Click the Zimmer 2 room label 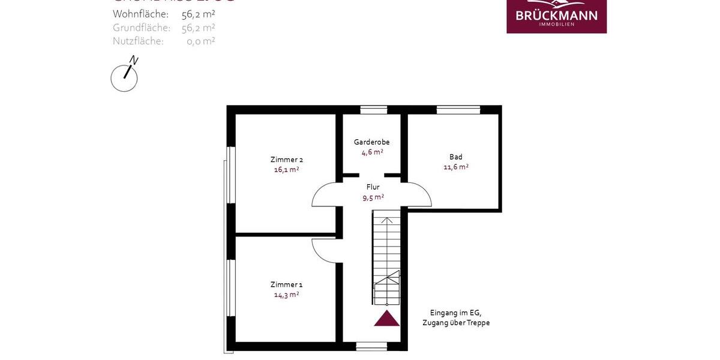pyautogui.click(x=286, y=160)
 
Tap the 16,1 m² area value pyautogui.click(x=286, y=170)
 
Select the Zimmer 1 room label pyautogui.click(x=286, y=284)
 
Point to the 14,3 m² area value pyautogui.click(x=286, y=295)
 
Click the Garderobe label pyautogui.click(x=371, y=142)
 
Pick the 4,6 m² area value pyautogui.click(x=372, y=152)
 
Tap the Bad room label pyautogui.click(x=456, y=157)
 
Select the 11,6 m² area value pyautogui.click(x=456, y=167)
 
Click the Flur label pyautogui.click(x=373, y=187)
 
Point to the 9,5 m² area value pyautogui.click(x=373, y=197)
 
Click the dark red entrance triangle pyautogui.click(x=387, y=319)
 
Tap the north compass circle pyautogui.click(x=124, y=79)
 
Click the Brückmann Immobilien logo pyautogui.click(x=556, y=16)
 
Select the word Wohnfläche pyautogui.click(x=140, y=14)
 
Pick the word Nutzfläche pyautogui.click(x=138, y=41)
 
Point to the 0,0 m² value pyautogui.click(x=200, y=41)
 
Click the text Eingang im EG pyautogui.click(x=455, y=313)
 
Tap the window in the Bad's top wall pyautogui.click(x=458, y=110)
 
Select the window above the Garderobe pyautogui.click(x=373, y=110)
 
